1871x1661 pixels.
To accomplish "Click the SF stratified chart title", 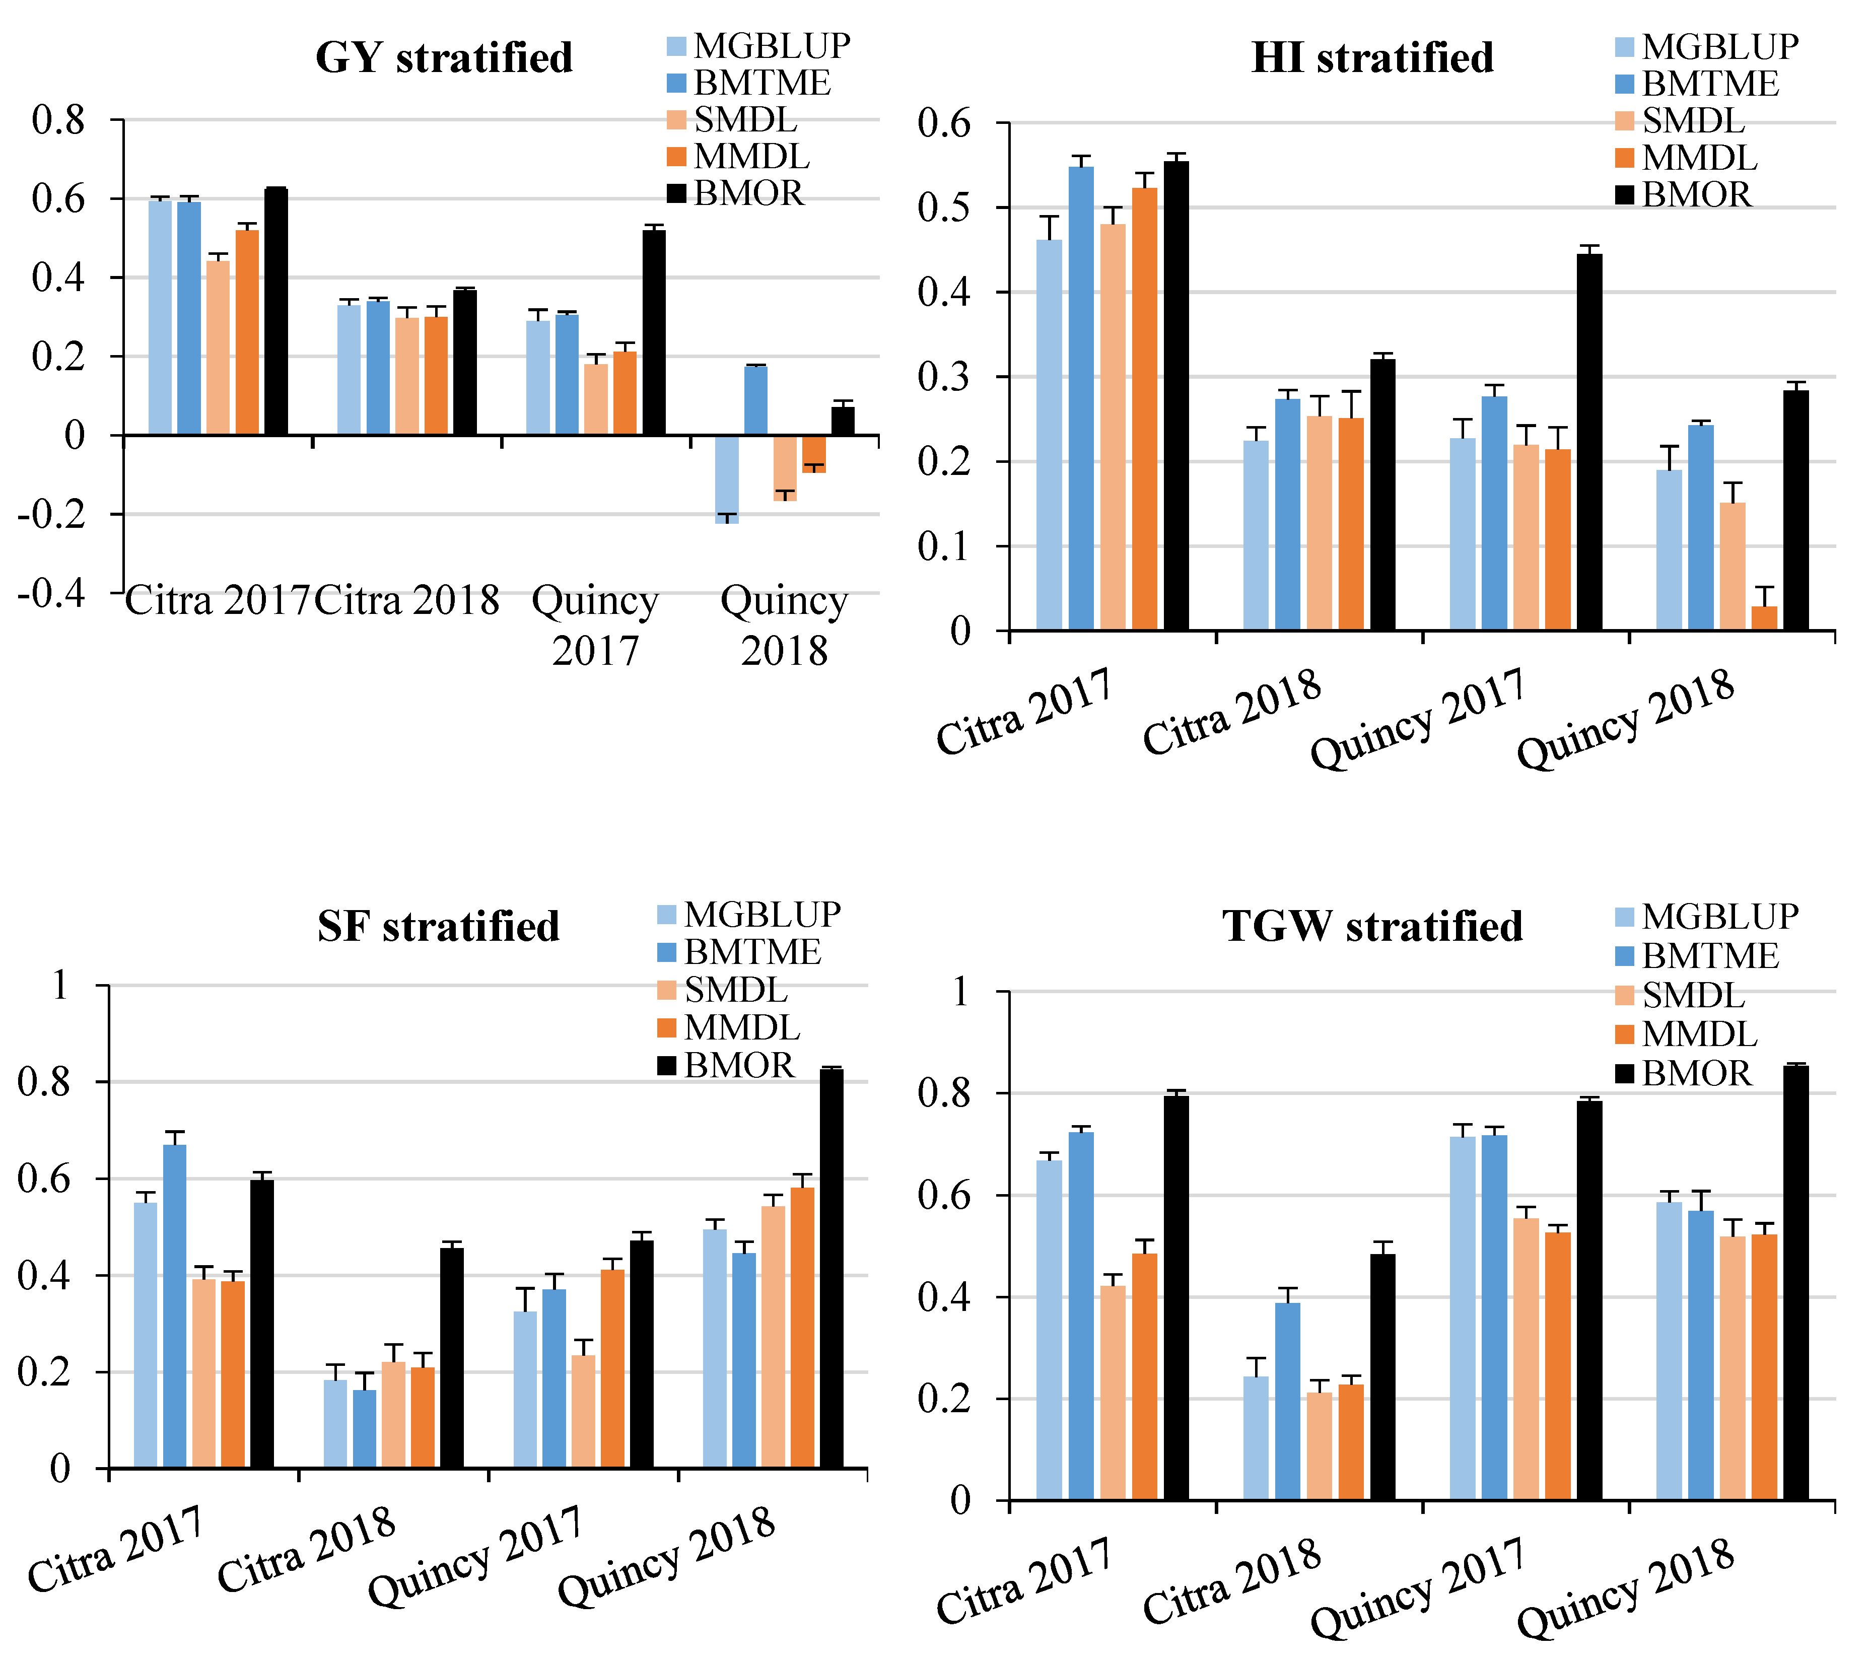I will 439,926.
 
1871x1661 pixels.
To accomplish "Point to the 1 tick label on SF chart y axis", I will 60,986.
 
